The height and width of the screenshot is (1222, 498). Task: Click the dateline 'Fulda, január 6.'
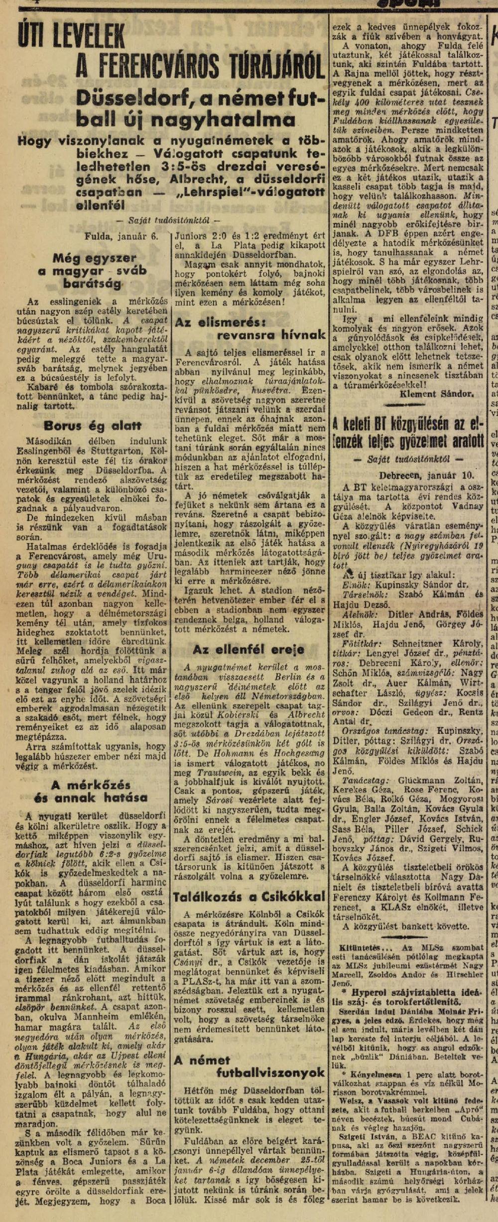click(121, 236)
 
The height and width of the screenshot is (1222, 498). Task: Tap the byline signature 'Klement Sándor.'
click(436, 393)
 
